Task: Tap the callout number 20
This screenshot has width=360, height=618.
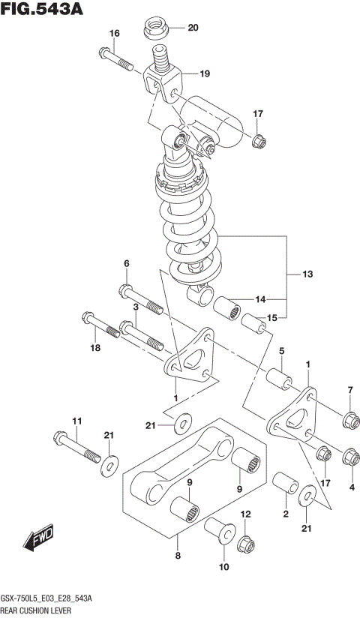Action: [193, 28]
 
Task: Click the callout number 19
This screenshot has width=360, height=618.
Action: [204, 73]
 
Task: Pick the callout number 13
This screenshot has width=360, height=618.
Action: [308, 275]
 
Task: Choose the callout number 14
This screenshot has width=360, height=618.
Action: [260, 298]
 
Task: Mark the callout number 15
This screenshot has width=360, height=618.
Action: [271, 318]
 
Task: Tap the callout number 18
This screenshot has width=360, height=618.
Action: [94, 348]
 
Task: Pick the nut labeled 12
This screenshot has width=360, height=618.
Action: [246, 542]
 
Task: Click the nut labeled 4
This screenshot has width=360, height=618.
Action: [349, 455]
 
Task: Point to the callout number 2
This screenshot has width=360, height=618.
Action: [286, 513]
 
